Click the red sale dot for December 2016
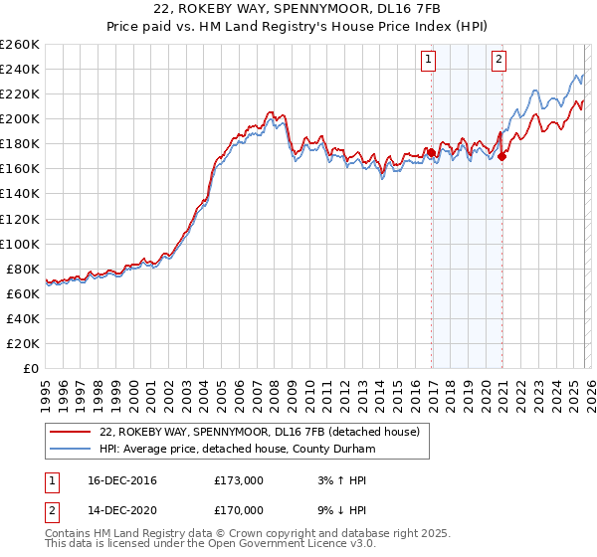(431, 152)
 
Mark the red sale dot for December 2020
(502, 156)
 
